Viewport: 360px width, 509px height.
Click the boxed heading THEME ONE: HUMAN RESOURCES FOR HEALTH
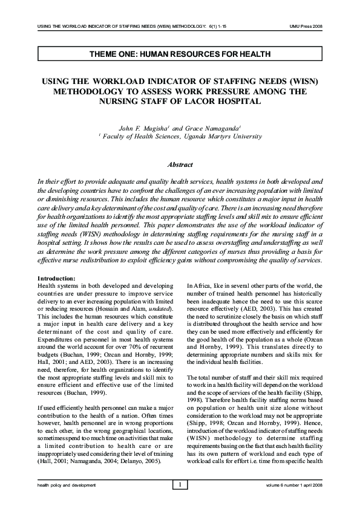click(x=180, y=54)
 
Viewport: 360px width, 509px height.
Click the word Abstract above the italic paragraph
click(x=180, y=164)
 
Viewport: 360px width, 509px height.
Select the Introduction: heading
click(x=57, y=277)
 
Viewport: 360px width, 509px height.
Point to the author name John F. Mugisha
click(x=143, y=128)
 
